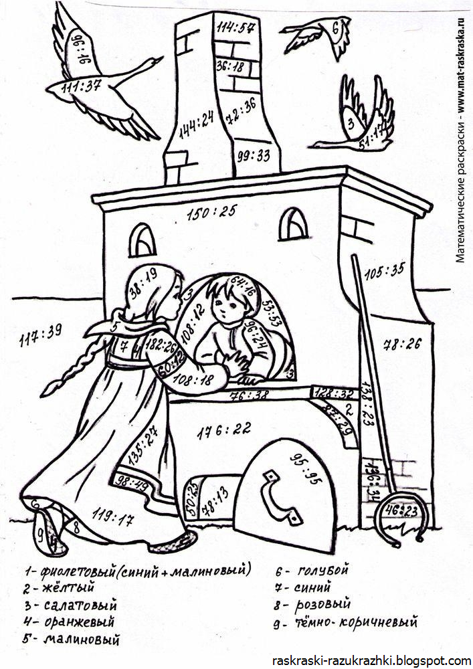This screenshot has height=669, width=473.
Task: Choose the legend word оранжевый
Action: click(x=78, y=622)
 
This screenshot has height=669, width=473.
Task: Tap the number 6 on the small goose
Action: click(x=336, y=28)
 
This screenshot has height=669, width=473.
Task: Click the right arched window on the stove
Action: click(x=293, y=224)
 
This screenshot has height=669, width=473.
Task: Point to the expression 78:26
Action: click(x=401, y=345)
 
